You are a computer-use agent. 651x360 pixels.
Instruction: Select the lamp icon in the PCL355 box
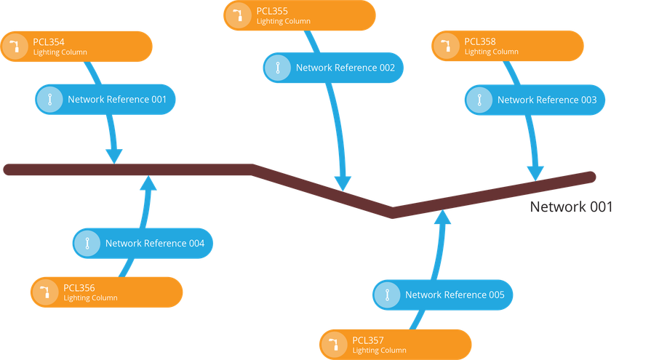pyautogui.click(x=238, y=16)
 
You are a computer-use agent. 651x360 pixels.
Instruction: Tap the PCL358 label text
pyautogui.click(x=479, y=41)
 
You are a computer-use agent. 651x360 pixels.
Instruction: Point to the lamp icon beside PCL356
pyautogui.click(x=45, y=292)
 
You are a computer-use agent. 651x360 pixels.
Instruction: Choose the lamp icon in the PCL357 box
pyautogui.click(x=335, y=344)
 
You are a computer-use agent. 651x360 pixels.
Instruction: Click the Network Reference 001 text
pyautogui.click(x=117, y=100)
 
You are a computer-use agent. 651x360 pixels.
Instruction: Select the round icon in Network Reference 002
pyautogui.click(x=277, y=68)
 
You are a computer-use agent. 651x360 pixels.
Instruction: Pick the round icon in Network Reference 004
pyautogui.click(x=87, y=244)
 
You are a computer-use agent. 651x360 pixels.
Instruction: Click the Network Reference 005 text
pyautogui.click(x=455, y=295)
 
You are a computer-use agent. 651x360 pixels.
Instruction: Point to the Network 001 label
pyautogui.click(x=571, y=207)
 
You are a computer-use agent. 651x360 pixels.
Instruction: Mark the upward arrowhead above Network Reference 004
pyautogui.click(x=148, y=183)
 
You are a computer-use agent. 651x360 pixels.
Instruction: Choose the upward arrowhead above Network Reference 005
pyautogui.click(x=442, y=218)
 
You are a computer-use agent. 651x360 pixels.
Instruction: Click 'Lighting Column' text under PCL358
pyautogui.click(x=491, y=52)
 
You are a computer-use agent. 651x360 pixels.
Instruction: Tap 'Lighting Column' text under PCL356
pyautogui.click(x=90, y=298)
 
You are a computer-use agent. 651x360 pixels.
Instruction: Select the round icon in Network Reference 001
pyautogui.click(x=49, y=100)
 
